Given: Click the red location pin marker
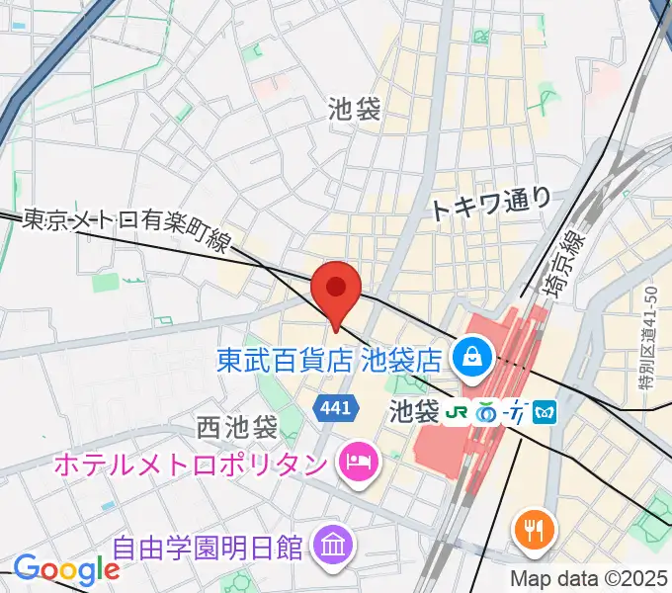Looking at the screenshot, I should [x=336, y=291].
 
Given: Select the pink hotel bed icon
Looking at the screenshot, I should [x=357, y=461].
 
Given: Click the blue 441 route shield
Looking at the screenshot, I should [x=333, y=407].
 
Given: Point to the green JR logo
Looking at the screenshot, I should [x=458, y=409].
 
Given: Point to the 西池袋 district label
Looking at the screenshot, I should [x=236, y=428].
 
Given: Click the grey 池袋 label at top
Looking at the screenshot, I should [x=354, y=108].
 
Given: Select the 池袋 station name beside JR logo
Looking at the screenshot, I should [x=414, y=408].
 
